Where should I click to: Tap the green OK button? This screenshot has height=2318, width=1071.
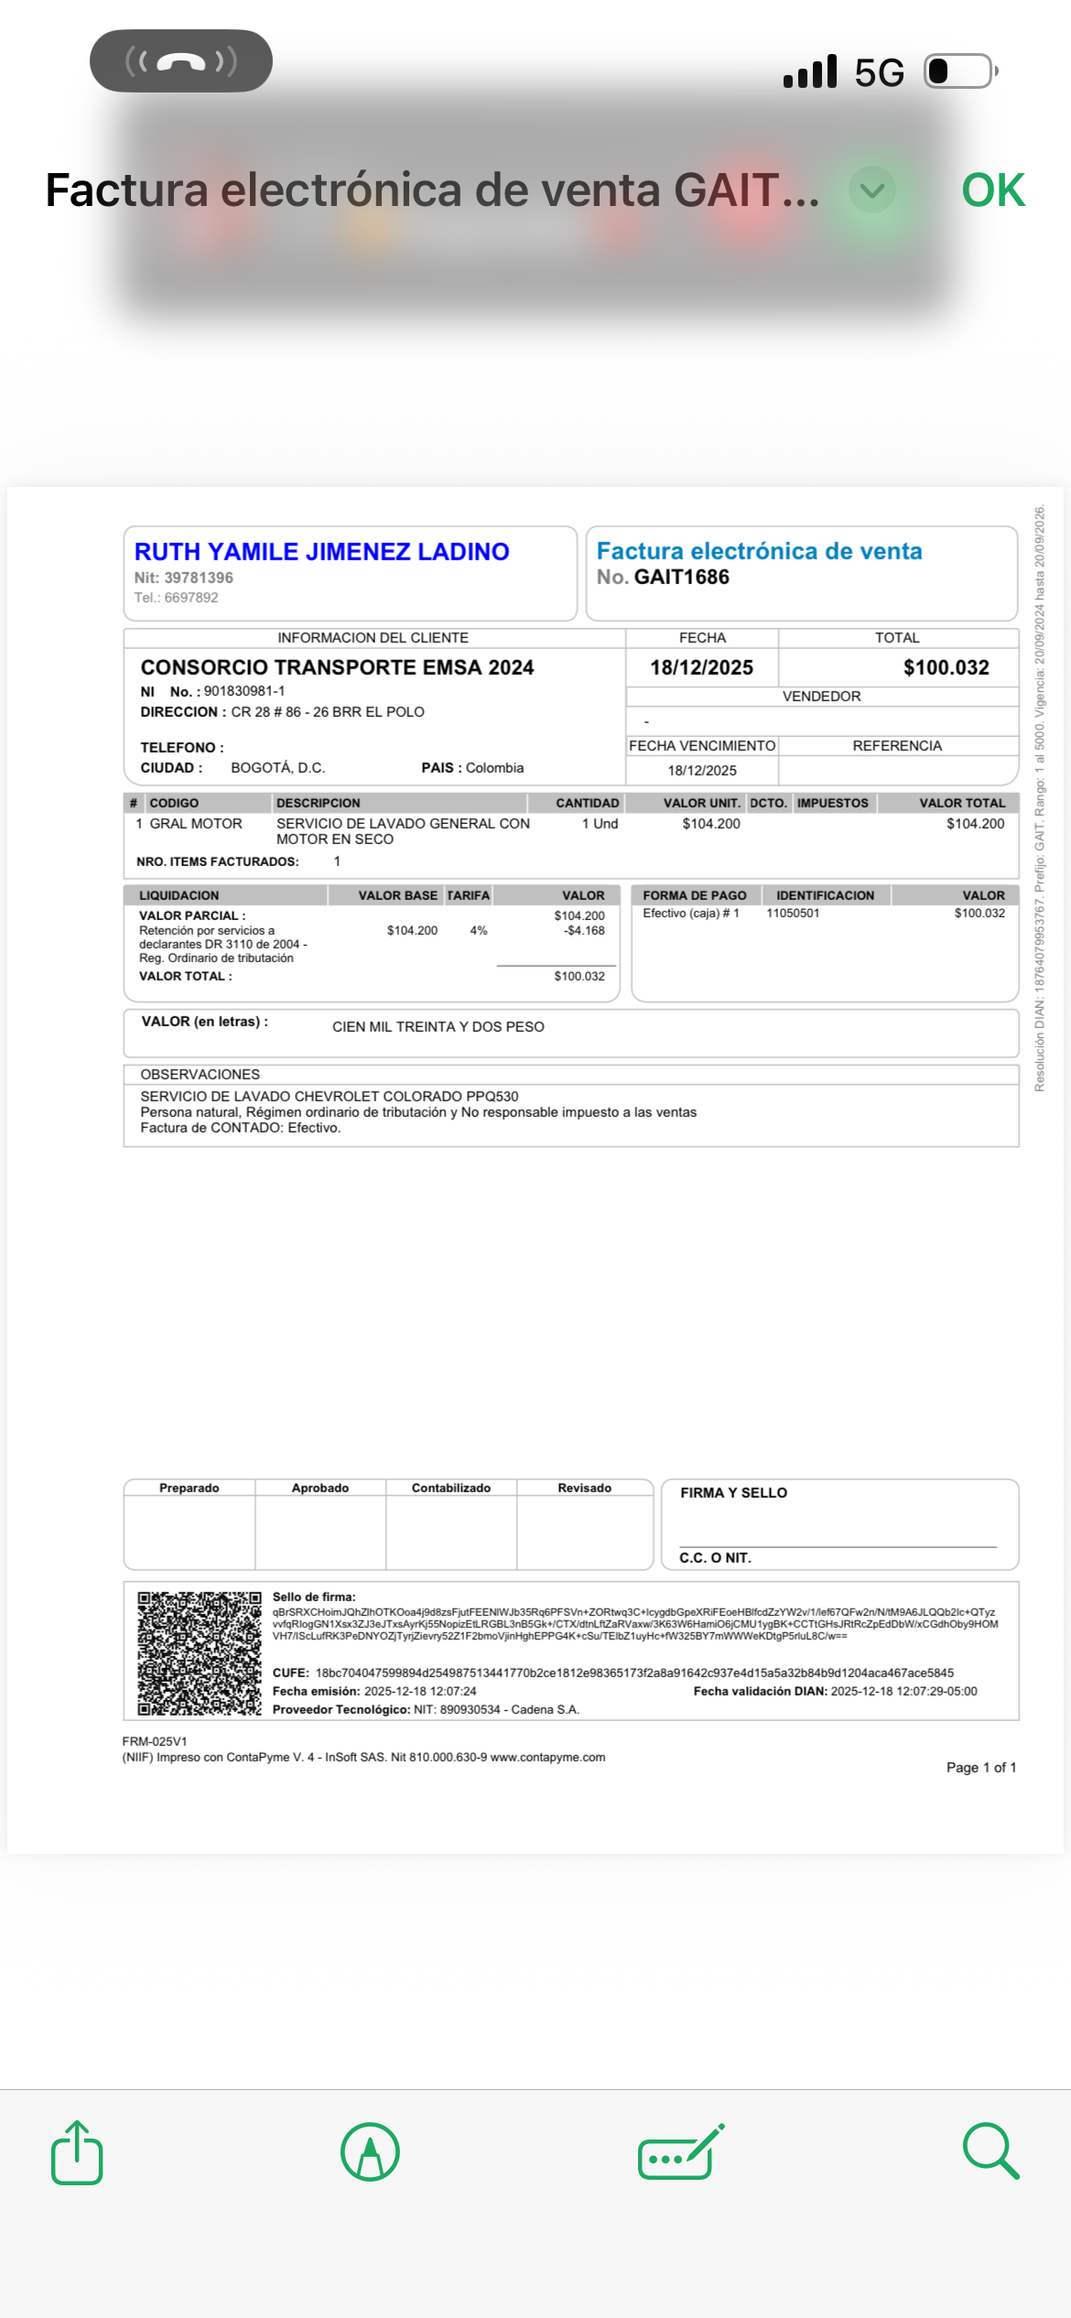(992, 190)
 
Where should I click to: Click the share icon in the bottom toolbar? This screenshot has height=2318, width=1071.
(77, 2152)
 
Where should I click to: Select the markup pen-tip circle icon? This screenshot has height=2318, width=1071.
(370, 2152)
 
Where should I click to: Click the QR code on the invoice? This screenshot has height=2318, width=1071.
(199, 1653)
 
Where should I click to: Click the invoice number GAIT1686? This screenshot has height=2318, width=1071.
(681, 577)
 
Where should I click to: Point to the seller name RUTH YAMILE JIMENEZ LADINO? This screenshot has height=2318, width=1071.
(321, 552)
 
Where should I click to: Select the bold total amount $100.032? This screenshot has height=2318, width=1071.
(946, 667)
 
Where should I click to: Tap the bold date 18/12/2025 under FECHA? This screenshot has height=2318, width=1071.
(701, 667)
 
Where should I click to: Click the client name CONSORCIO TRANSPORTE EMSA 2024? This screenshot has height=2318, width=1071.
(337, 667)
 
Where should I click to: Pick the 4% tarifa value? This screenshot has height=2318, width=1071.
(478, 930)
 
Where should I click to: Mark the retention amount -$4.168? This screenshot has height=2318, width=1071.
(584, 930)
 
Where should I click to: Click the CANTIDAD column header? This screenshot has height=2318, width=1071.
(587, 803)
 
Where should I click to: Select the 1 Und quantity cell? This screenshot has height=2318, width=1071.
(600, 824)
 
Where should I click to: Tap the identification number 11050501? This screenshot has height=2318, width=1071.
(793, 913)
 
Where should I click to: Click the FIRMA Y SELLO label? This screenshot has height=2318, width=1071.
(733, 1492)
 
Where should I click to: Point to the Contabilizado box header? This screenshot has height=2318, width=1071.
(450, 1488)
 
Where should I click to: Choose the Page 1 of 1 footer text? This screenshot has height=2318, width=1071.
(980, 1767)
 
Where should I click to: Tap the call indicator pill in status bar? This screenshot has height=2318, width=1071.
(181, 61)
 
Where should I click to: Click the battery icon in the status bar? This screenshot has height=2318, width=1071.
(958, 71)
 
